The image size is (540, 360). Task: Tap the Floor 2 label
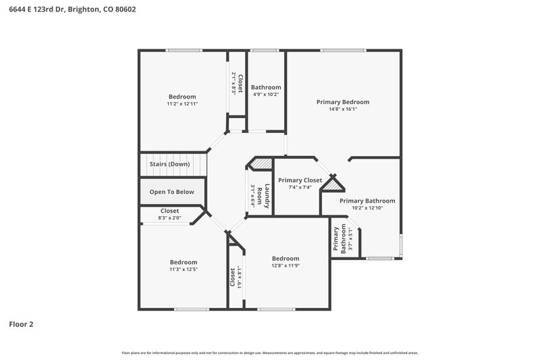point(21,324)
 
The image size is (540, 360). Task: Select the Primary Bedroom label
point(343,102)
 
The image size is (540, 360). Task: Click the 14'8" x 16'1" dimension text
point(343,109)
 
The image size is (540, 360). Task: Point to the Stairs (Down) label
point(169,164)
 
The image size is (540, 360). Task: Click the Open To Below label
point(171,192)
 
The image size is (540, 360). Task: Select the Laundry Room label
point(267,196)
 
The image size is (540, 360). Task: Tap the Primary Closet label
point(300,180)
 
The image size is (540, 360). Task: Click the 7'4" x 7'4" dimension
point(300,187)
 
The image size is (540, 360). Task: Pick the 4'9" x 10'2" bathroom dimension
point(266,95)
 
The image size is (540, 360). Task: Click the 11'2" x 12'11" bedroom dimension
point(182,104)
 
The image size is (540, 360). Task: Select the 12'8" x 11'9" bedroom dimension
point(286,265)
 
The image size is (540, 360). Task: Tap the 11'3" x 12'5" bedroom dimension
point(183,269)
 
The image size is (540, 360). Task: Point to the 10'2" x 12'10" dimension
point(367,208)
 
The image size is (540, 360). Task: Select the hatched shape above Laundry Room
point(261,163)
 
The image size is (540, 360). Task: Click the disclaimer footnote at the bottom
point(270,353)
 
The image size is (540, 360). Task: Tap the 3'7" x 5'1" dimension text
point(350,240)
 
